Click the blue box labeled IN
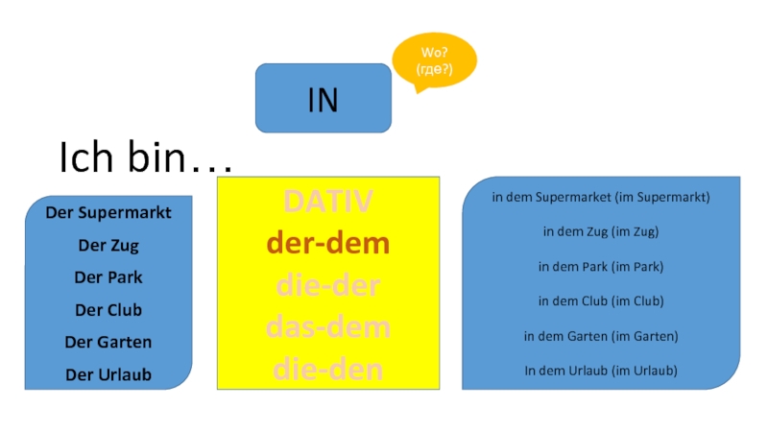(324, 99)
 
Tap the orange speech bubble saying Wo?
(434, 61)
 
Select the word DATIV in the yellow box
(327, 202)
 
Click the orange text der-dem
(327, 244)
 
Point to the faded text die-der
(327, 285)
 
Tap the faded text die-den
(327, 368)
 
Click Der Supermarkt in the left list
(108, 212)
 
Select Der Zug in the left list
(108, 245)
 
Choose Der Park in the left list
(108, 277)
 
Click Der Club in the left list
(108, 310)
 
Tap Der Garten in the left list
(108, 342)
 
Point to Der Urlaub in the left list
(108, 374)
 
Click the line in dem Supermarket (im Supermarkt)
(601, 197)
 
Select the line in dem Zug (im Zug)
(601, 231)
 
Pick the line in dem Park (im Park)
(601, 266)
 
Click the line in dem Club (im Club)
(601, 300)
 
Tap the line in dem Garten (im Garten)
(601, 336)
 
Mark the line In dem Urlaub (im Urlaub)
(601, 370)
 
